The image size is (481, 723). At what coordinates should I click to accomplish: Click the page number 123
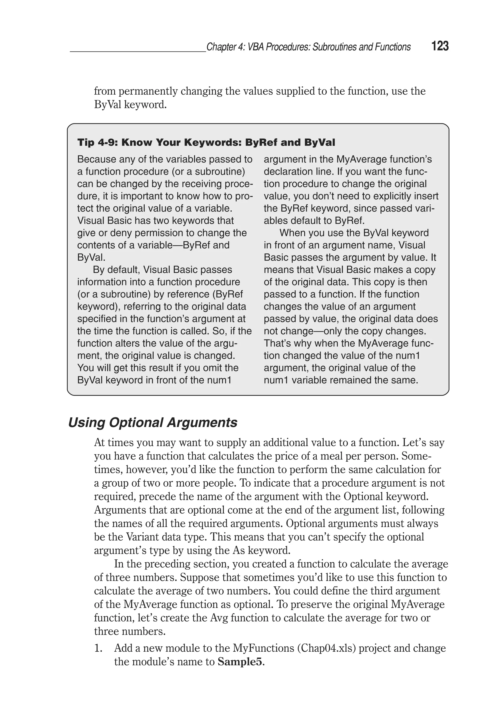pos(440,46)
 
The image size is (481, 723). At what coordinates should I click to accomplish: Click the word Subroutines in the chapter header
pos(334,47)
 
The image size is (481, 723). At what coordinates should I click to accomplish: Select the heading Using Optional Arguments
pos(152,422)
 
